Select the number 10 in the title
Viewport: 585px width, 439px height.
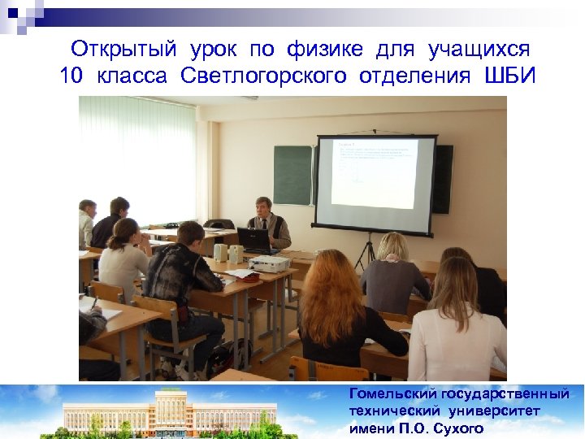pyautogui.click(x=72, y=77)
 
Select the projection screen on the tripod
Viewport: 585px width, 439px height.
pyautogui.click(x=375, y=183)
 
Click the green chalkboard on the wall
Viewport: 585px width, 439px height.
pyautogui.click(x=292, y=175)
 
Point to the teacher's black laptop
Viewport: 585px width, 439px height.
pyautogui.click(x=253, y=241)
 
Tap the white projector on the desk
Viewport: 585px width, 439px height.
pyautogui.click(x=269, y=263)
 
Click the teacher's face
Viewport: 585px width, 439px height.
pyautogui.click(x=263, y=206)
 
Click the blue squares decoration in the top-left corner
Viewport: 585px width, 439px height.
pyautogui.click(x=20, y=15)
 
